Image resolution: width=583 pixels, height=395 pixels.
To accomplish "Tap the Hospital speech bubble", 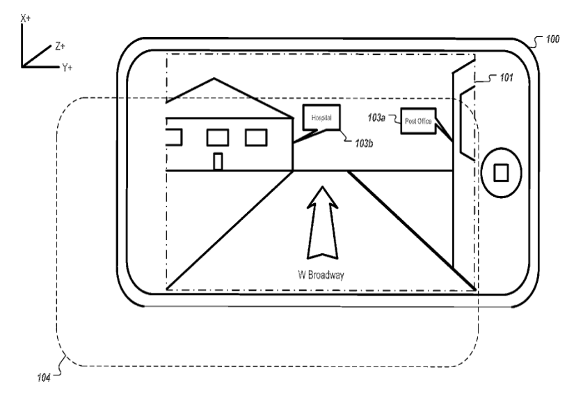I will click(321, 118).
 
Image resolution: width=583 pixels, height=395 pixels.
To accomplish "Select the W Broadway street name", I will click(321, 275).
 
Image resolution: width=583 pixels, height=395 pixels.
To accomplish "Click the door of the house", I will click(218, 161).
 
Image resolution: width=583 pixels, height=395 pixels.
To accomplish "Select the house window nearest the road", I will click(257, 138).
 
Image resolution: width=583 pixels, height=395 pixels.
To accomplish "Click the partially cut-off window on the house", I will click(174, 137).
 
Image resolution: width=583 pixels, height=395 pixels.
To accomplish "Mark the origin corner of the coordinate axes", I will click(24, 67).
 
